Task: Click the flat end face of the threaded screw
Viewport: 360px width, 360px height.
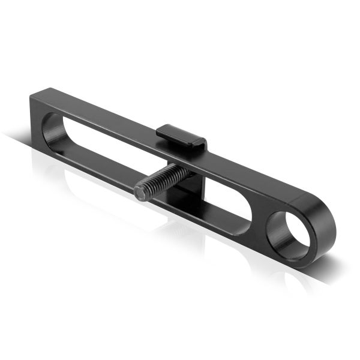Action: (x=141, y=192)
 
